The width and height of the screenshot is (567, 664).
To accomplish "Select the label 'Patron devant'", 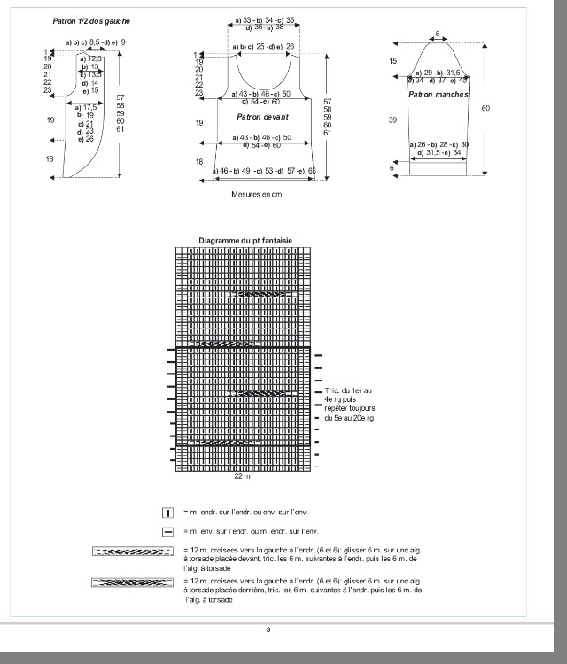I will click(x=258, y=117).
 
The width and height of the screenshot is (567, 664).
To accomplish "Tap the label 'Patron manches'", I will click(x=439, y=93).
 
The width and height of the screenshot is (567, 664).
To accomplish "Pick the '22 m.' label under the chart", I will click(x=243, y=476).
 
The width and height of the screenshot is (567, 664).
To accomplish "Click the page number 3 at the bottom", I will click(x=268, y=629).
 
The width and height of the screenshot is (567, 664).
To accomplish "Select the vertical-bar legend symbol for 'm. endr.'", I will click(x=167, y=513).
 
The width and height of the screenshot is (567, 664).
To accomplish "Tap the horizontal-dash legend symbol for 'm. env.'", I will click(x=167, y=531).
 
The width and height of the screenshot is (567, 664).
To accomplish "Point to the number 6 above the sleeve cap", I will click(x=438, y=34).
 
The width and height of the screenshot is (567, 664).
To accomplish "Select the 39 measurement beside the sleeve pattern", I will click(x=392, y=119).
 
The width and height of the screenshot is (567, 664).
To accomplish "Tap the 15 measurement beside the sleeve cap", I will click(x=392, y=61).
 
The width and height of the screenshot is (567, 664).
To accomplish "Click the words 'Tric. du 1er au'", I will click(x=343, y=390).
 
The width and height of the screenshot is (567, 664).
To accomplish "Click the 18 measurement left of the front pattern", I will click(x=199, y=162).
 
